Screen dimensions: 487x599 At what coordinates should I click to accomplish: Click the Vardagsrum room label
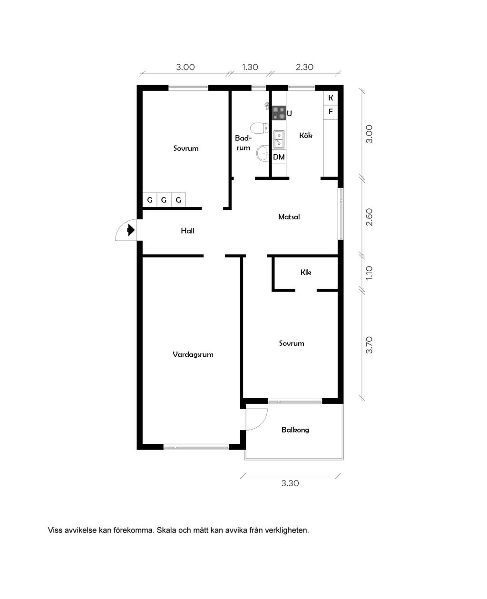193,354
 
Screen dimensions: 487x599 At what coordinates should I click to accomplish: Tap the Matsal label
289,217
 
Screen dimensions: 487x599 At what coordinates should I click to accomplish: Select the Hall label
187,231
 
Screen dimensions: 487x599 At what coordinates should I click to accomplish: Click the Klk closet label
305,272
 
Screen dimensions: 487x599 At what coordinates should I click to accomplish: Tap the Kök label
305,135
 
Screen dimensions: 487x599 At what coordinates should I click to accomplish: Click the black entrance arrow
131,230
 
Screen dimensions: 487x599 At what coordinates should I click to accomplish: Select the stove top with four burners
279,113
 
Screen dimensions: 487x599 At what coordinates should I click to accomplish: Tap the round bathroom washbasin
263,153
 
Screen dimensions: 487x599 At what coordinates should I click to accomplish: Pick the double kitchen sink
279,139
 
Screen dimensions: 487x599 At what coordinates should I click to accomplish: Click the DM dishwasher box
279,157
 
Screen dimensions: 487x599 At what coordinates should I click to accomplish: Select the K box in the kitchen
331,98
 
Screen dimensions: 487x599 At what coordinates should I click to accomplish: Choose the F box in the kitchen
331,112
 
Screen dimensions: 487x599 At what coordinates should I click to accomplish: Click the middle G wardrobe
164,200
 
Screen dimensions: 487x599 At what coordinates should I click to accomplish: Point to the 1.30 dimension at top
250,67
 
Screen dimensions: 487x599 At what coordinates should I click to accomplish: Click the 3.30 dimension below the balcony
290,483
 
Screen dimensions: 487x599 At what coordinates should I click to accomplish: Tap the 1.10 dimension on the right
369,273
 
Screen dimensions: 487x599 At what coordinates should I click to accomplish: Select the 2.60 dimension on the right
369,217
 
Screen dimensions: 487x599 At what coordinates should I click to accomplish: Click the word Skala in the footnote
166,530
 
